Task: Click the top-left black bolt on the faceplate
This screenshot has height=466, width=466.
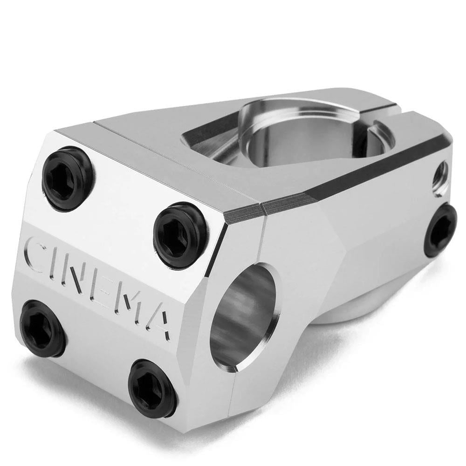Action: click(x=67, y=172)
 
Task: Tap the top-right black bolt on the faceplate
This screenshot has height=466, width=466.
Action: click(x=180, y=234)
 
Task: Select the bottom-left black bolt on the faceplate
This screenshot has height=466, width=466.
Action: click(x=42, y=328)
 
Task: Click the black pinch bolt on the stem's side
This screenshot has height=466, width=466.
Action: click(x=440, y=230)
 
